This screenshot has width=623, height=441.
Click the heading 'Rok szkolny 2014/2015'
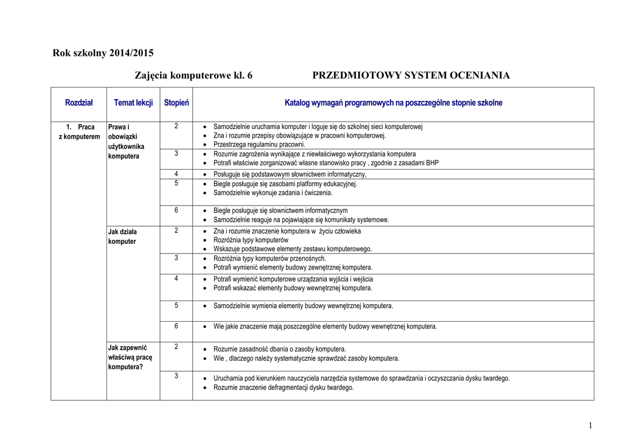(x=103, y=53)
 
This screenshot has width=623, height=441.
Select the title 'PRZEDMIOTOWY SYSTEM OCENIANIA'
(x=411, y=75)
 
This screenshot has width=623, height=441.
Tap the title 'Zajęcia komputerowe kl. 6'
(x=193, y=75)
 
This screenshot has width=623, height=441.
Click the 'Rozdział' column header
(x=79, y=103)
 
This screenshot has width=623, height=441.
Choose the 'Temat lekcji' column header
(x=133, y=103)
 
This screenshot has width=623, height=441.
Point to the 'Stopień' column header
(x=176, y=103)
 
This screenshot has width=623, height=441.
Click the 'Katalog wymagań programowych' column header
(x=393, y=103)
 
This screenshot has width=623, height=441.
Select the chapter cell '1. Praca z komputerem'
(x=79, y=132)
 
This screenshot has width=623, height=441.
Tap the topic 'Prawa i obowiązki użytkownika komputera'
(x=126, y=142)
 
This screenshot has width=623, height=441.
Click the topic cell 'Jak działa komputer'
(x=122, y=237)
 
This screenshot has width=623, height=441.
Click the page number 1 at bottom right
(x=590, y=425)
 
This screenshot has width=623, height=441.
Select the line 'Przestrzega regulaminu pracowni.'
(x=259, y=145)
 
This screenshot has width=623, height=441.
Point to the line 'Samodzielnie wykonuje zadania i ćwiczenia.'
(x=273, y=193)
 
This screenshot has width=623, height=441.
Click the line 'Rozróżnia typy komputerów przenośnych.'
(x=270, y=259)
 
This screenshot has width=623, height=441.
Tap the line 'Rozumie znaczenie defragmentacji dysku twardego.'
(x=283, y=387)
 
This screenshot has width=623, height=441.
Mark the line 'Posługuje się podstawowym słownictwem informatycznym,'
(x=290, y=174)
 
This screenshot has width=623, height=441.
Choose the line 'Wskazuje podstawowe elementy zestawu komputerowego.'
(x=292, y=249)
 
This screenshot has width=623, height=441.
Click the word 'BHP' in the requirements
(x=431, y=163)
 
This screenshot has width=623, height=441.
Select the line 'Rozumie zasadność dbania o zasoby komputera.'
(x=279, y=349)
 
